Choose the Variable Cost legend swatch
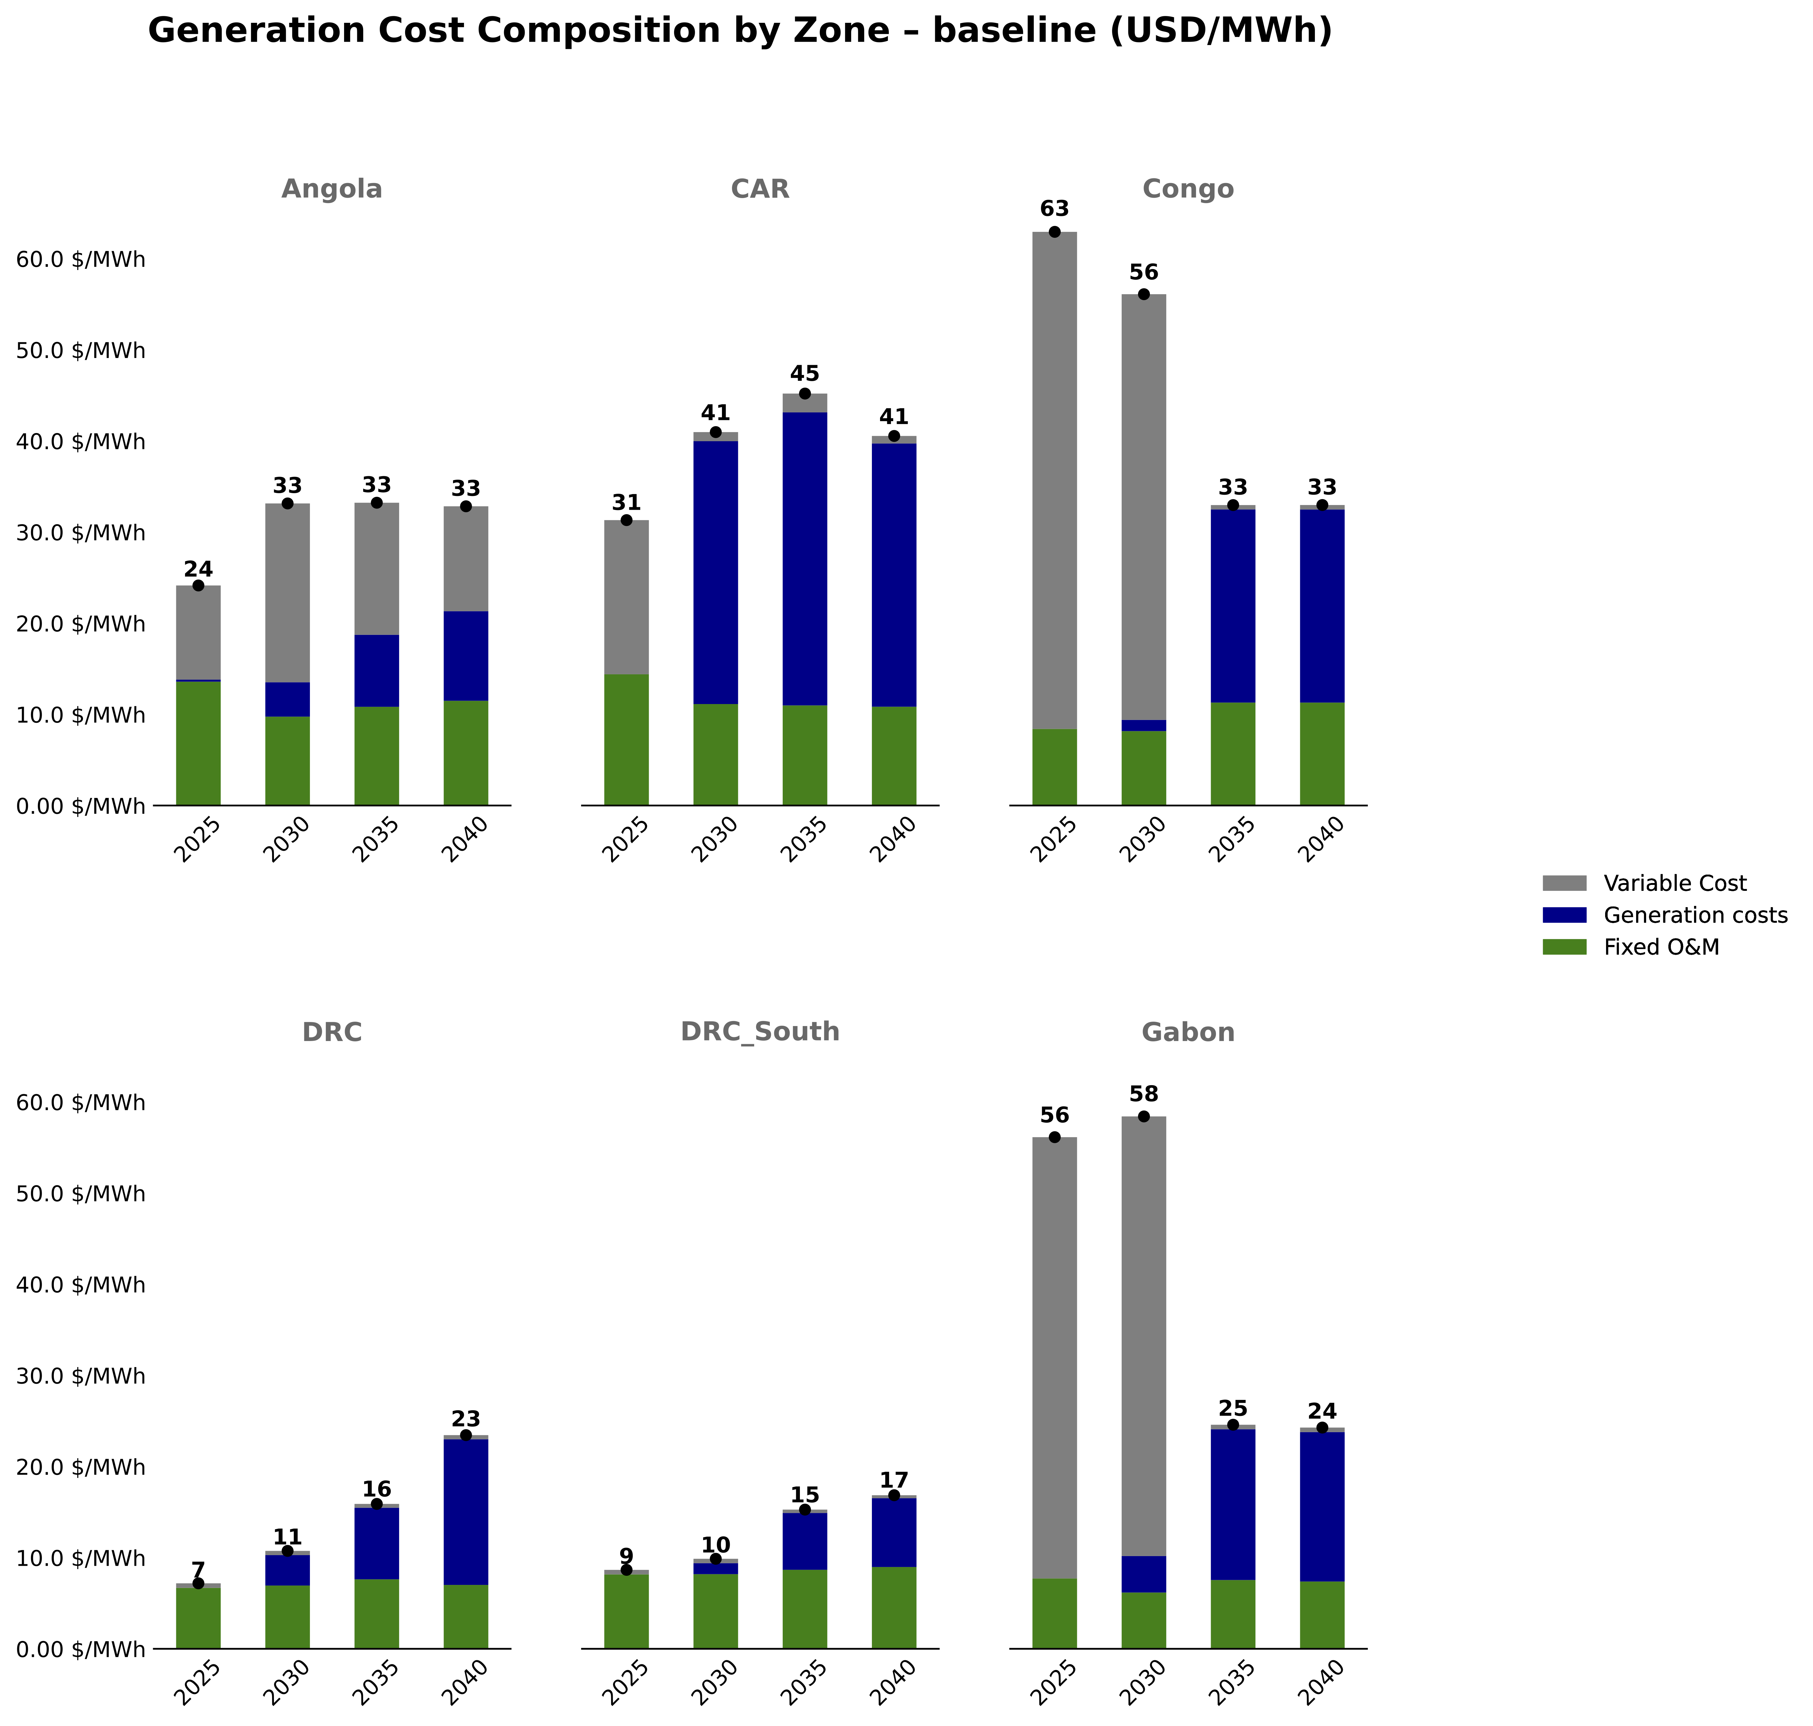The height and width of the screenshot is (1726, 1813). pyautogui.click(x=1564, y=883)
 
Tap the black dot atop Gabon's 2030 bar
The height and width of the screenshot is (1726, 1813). pyautogui.click(x=1144, y=1116)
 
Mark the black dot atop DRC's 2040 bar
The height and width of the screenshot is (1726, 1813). pyautogui.click(x=466, y=1435)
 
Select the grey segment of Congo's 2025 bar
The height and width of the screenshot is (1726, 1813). pyautogui.click(x=1055, y=478)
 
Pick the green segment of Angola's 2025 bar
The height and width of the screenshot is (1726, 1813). pyautogui.click(x=198, y=743)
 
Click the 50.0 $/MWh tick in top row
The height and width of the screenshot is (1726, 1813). pyautogui.click(x=81, y=351)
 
